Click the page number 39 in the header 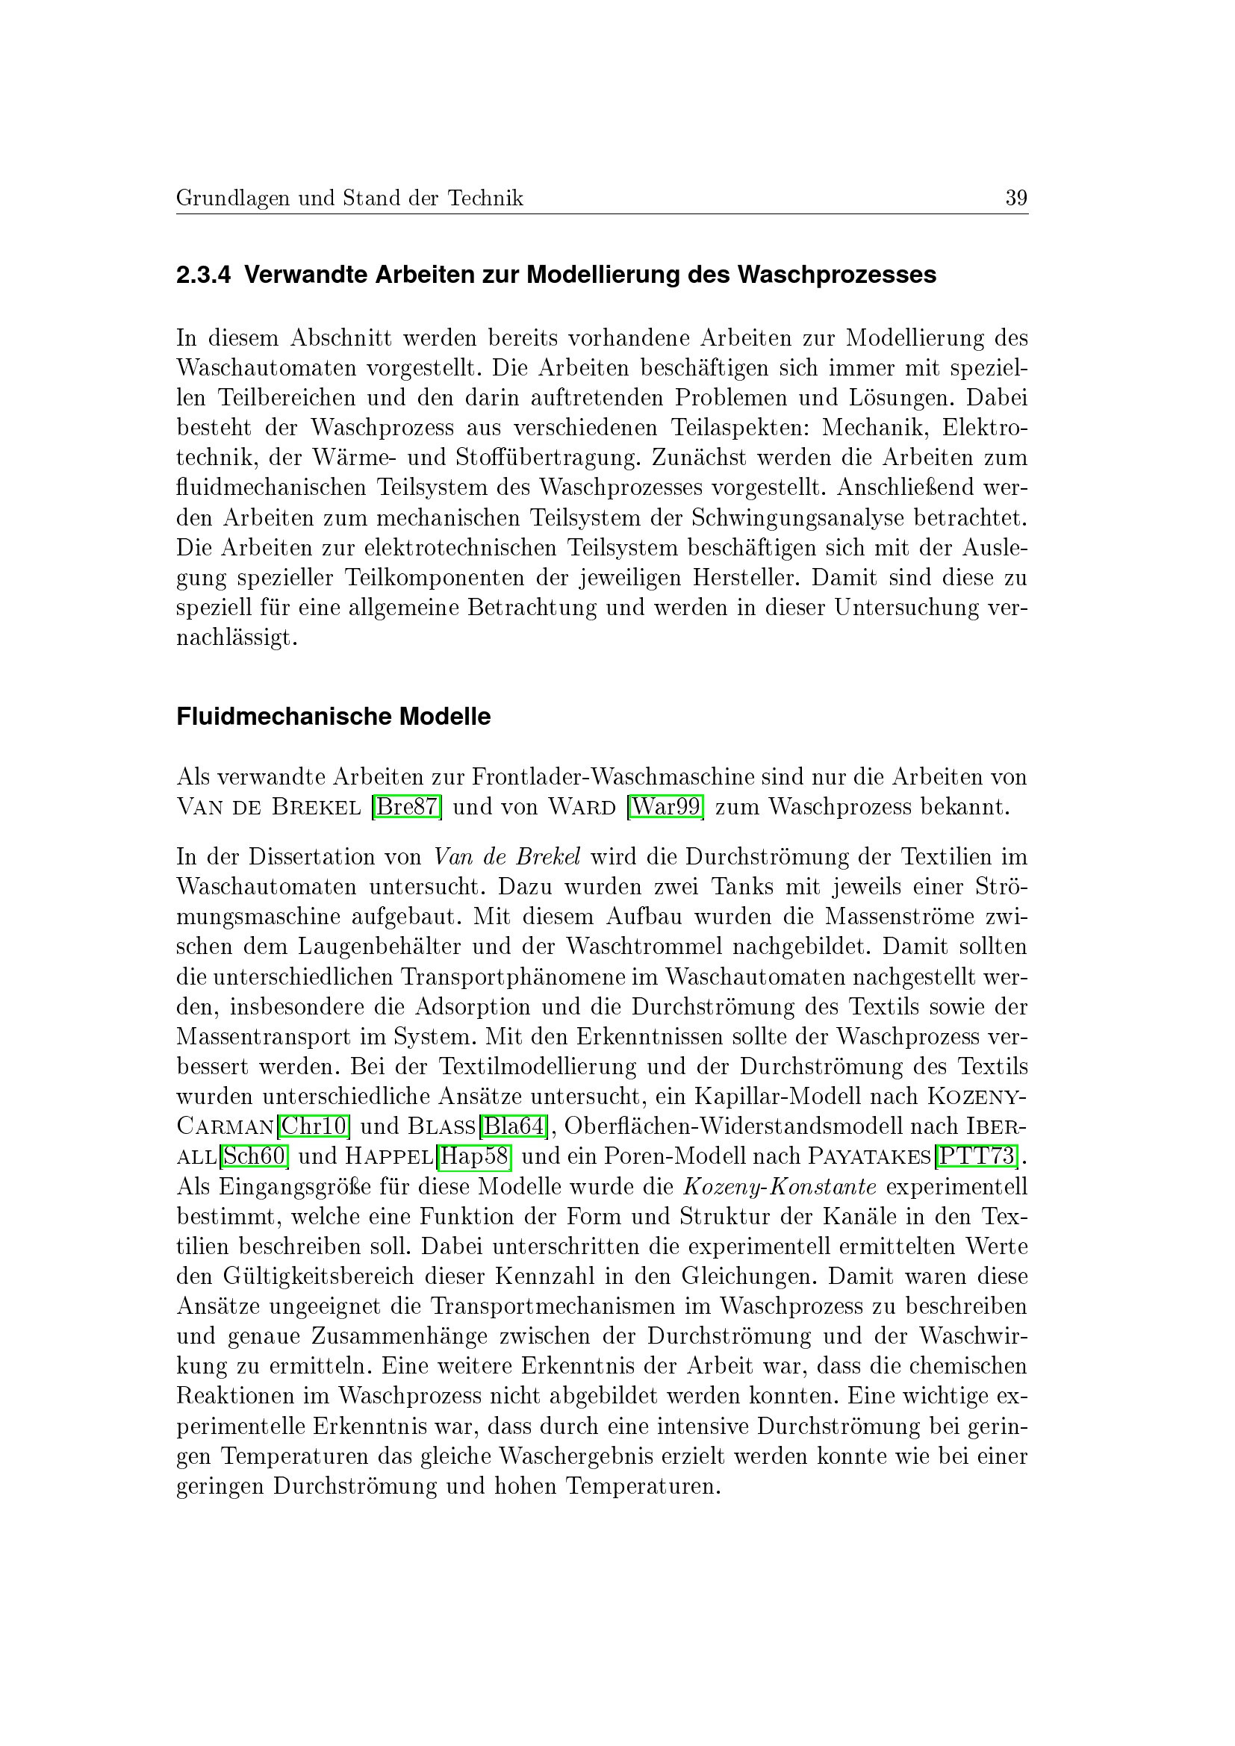pos(1016,198)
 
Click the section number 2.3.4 pos(203,275)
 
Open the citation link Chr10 pos(314,1126)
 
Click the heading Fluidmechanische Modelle pos(333,717)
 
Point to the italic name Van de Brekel pos(507,857)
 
